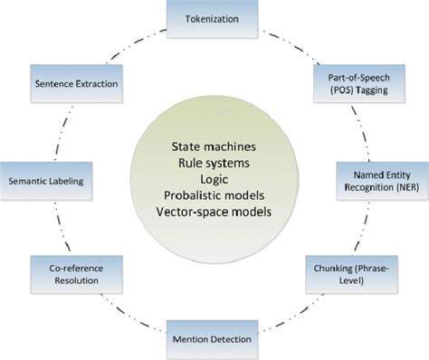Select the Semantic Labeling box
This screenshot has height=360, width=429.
coord(47,180)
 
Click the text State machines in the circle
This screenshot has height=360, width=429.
coord(214,145)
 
